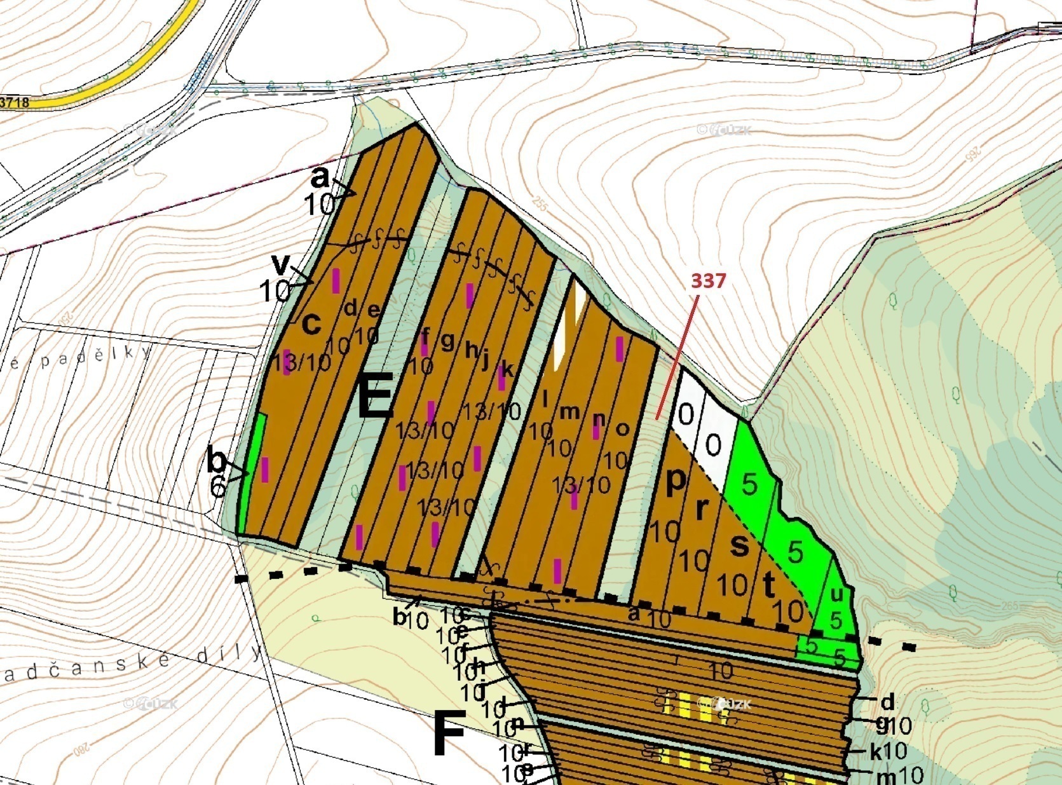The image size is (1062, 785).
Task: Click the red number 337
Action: click(x=708, y=280)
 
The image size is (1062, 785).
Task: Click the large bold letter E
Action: click(x=376, y=395)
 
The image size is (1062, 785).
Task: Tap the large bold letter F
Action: click(x=449, y=734)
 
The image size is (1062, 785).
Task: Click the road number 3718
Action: click(x=14, y=102)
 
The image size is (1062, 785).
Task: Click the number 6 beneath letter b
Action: click(x=217, y=487)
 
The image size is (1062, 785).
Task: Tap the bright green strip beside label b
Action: click(x=257, y=470)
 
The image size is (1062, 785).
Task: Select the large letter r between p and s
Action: click(x=702, y=509)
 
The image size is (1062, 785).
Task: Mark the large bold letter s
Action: click(x=739, y=545)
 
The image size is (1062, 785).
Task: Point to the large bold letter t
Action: click(x=769, y=585)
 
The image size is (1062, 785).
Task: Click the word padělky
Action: click(x=95, y=357)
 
